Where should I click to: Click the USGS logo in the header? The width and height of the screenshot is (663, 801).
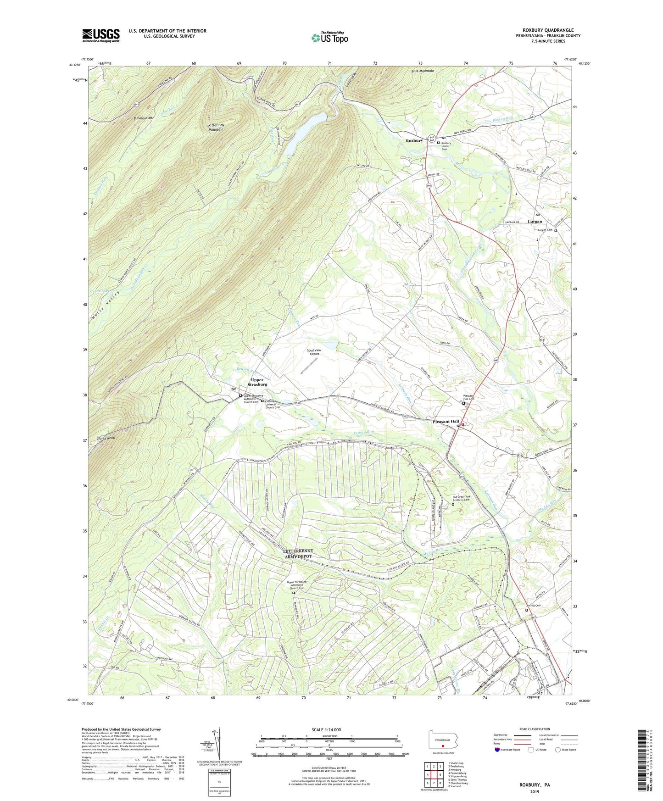(x=101, y=35)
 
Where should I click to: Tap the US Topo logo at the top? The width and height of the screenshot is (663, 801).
(x=329, y=38)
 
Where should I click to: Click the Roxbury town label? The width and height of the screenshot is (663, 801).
(x=414, y=140)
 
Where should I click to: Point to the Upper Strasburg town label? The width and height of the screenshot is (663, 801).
(x=257, y=382)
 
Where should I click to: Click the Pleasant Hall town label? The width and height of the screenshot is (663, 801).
(x=446, y=421)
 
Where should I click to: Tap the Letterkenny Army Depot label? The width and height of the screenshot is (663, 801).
(x=298, y=553)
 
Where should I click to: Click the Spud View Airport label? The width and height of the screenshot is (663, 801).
(x=314, y=352)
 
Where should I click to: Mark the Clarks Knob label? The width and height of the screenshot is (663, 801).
(x=106, y=438)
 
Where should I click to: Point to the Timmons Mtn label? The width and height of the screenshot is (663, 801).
(x=144, y=118)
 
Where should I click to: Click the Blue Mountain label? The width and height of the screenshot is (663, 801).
(x=423, y=71)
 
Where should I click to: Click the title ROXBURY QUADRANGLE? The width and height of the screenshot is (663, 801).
(x=548, y=30)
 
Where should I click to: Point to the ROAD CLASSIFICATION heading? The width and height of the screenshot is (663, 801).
(x=535, y=729)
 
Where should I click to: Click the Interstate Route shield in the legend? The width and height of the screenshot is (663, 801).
(x=498, y=750)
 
